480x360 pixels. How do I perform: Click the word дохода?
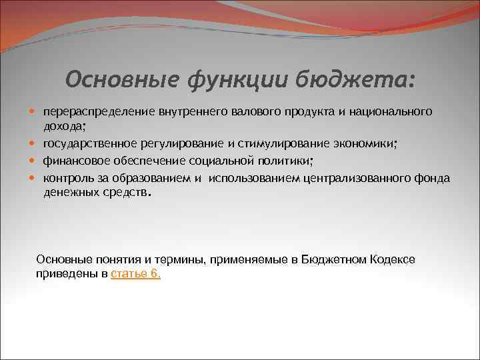pyautogui.click(x=65, y=127)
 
